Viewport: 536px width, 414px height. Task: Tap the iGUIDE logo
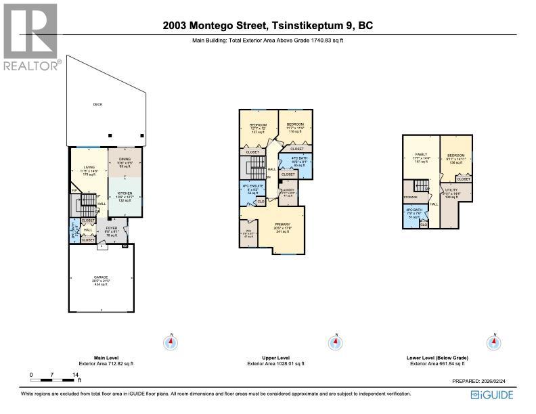pos(491,395)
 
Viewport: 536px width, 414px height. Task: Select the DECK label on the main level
pos(97,104)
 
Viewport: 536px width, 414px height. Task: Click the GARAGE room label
pos(101,277)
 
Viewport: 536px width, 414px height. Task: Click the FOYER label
pos(112,229)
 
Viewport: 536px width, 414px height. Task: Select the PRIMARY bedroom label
pos(282,224)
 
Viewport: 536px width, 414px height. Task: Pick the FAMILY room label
pos(420,155)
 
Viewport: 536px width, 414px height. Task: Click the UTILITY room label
pos(452,191)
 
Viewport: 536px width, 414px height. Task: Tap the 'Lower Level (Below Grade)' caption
pos(439,357)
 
